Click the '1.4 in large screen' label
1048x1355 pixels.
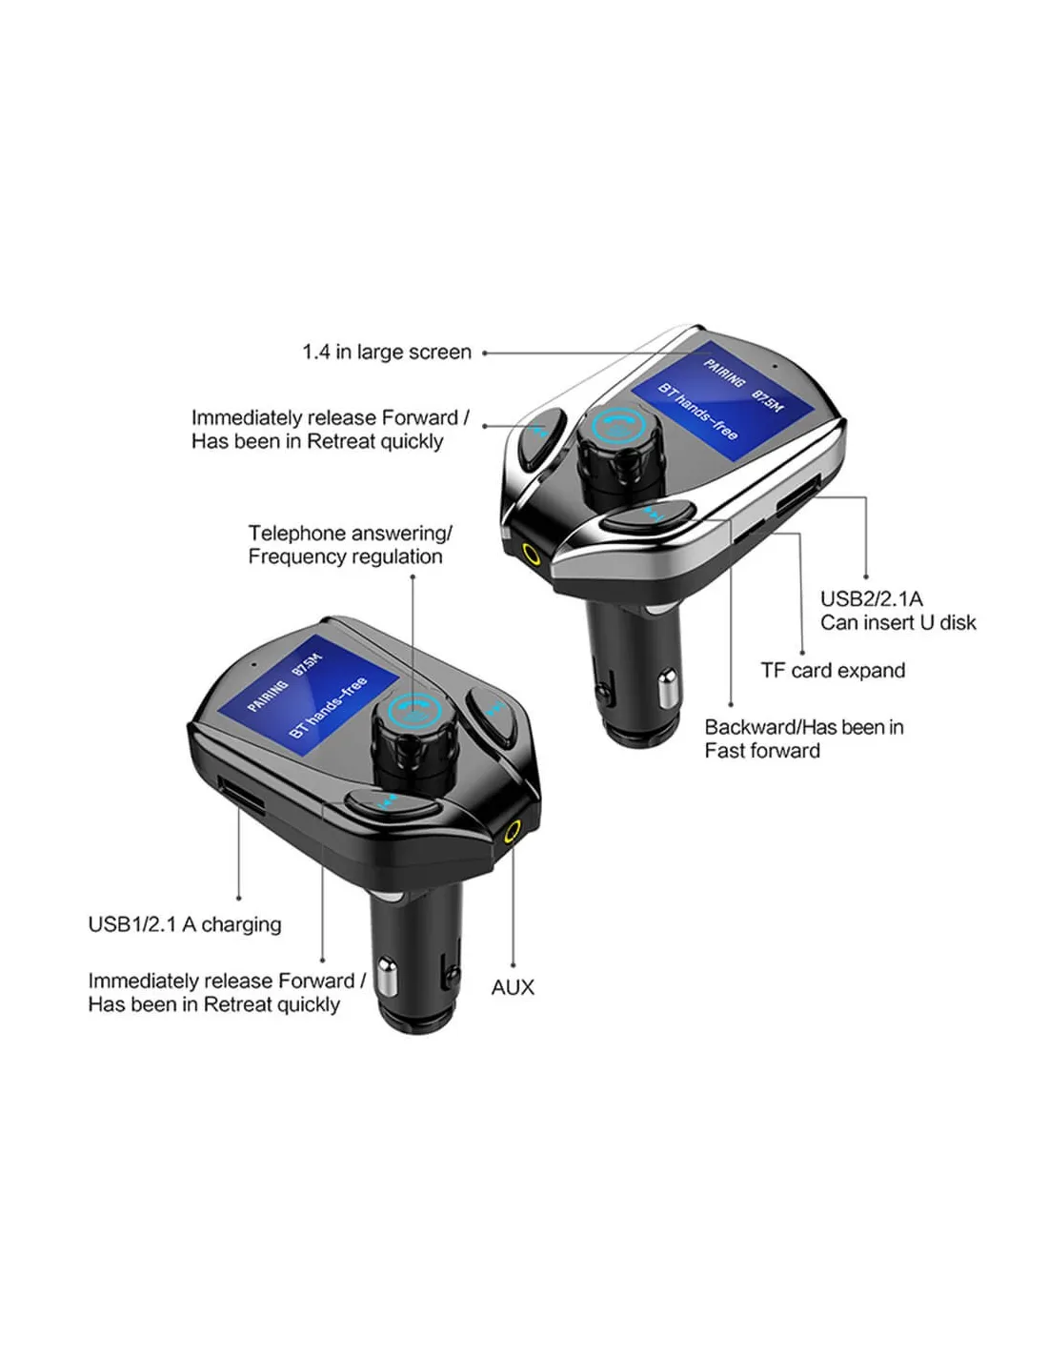(x=387, y=353)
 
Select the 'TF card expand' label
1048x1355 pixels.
(x=833, y=670)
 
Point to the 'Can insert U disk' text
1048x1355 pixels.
(x=898, y=622)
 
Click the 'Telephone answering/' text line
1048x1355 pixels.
(x=351, y=534)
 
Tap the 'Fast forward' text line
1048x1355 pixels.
(x=762, y=750)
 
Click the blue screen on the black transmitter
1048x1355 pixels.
(x=308, y=697)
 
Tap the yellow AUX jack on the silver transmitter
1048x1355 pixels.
(x=532, y=553)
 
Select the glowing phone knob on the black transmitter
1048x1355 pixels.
(x=414, y=712)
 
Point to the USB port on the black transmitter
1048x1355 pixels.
(x=240, y=796)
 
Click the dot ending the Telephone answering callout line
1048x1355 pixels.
(x=413, y=576)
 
